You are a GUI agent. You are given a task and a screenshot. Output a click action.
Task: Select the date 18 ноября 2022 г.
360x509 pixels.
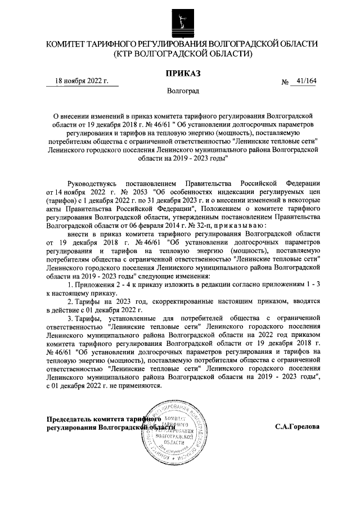pyautogui.click(x=82, y=81)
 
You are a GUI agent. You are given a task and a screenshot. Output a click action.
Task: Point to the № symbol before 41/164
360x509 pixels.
pyautogui.click(x=285, y=82)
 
